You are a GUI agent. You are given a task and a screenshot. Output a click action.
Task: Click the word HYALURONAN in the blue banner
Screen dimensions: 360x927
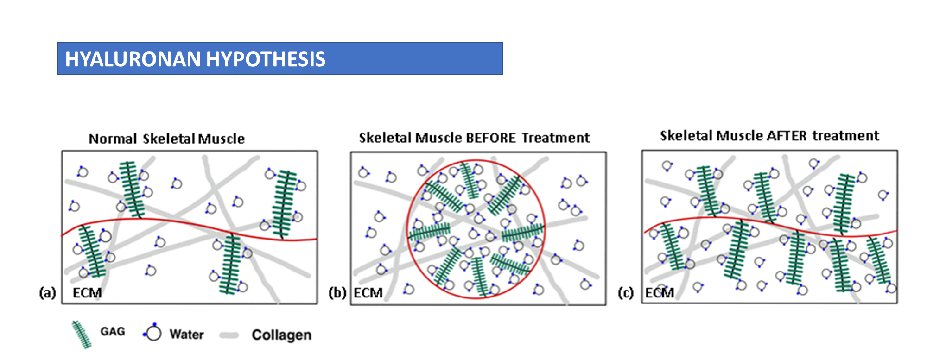pos(133,59)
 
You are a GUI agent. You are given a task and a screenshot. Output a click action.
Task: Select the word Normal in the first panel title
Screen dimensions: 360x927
pos(113,139)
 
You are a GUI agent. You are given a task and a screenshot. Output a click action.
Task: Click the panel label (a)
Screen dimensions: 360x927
pos(48,293)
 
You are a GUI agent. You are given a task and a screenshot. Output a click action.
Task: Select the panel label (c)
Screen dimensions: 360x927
pos(626,293)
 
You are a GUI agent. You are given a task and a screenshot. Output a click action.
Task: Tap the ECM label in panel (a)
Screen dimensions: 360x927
pos(87,293)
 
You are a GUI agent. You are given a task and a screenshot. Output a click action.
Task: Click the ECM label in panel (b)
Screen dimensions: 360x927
pos(368,293)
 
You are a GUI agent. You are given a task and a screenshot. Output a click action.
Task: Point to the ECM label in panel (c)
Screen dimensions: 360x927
pos(660,293)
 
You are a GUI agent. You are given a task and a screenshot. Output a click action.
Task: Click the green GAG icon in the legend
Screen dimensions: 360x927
pos(82,334)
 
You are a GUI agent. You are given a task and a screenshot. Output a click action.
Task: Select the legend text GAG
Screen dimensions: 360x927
pos(113,332)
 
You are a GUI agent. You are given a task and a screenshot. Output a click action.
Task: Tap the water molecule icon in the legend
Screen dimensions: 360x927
pos(153,333)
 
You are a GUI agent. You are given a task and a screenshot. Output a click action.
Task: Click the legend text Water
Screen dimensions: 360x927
pos(187,335)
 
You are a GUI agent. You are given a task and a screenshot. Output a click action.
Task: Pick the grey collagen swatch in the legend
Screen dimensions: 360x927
pos(229,335)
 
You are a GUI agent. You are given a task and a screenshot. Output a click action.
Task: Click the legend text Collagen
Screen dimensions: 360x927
pos(281,335)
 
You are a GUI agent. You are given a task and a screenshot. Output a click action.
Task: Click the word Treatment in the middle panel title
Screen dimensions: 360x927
pos(556,138)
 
